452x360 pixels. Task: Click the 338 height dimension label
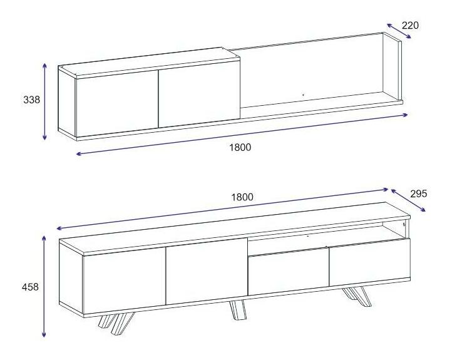(x=31, y=100)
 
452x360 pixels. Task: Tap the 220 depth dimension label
(x=410, y=26)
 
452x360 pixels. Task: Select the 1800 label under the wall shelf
(x=240, y=147)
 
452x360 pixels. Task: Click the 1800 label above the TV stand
(x=242, y=197)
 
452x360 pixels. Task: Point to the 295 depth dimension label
(x=419, y=194)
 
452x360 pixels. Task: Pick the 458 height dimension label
(x=30, y=287)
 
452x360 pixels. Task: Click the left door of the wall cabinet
(x=116, y=103)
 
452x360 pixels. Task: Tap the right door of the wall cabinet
(x=199, y=94)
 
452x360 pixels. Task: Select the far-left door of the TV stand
(x=124, y=280)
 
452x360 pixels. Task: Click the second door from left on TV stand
(x=207, y=271)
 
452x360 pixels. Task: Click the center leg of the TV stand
(x=238, y=310)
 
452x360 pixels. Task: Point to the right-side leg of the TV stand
(x=357, y=297)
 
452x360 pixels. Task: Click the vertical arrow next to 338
(x=44, y=102)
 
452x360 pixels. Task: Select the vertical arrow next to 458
(x=44, y=286)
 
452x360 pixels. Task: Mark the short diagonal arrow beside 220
(x=399, y=31)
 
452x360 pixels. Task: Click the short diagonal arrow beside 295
(x=408, y=200)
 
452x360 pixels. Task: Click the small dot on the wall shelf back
(x=303, y=95)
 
